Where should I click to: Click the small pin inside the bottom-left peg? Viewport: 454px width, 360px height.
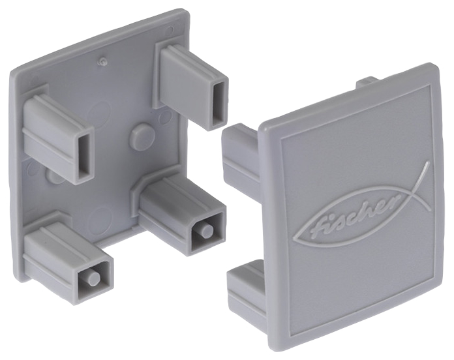click(x=94, y=278)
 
